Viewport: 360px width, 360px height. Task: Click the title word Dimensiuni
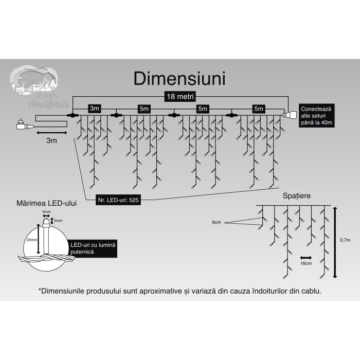click(179, 78)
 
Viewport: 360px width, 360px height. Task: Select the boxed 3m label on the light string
click(94, 109)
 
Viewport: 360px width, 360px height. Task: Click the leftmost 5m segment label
click(143, 109)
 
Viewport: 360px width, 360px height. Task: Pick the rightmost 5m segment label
click(258, 109)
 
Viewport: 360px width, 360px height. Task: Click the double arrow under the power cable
click(51, 132)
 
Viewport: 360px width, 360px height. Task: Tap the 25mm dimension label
click(32, 240)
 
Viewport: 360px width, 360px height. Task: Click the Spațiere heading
click(297, 196)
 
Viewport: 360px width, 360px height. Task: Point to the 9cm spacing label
click(218, 222)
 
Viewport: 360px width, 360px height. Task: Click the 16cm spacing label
click(305, 263)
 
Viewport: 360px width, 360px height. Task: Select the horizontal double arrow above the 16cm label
click(305, 257)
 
